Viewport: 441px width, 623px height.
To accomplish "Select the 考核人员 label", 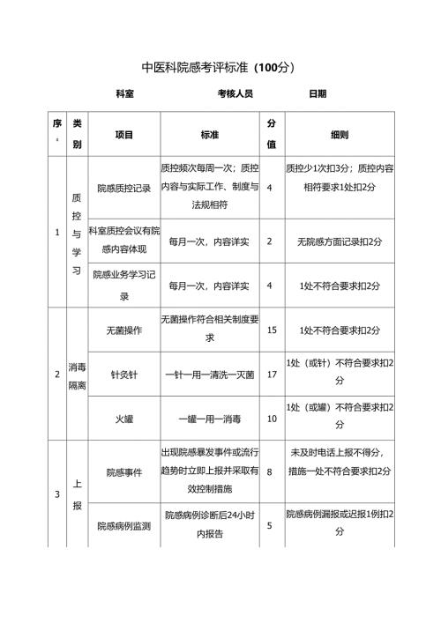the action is [235, 93].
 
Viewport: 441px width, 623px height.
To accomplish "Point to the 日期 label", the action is [318, 93].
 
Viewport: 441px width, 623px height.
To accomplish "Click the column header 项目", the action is [124, 135].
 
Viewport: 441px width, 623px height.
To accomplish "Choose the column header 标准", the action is [210, 135].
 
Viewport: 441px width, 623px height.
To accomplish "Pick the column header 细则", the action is [340, 135].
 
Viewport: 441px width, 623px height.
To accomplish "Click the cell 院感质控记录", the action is [124, 188].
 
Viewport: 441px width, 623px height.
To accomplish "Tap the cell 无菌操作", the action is [124, 330].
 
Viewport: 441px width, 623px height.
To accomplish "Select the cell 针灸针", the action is [124, 375].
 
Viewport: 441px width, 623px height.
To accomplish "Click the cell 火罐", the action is [124, 419].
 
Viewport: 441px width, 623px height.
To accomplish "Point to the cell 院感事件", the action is [124, 472].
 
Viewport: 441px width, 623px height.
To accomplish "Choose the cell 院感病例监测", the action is [124, 526].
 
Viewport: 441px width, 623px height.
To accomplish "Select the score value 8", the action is [270, 472].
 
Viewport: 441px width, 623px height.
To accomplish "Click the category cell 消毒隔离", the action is [77, 375].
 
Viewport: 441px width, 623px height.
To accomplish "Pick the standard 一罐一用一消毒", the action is [209, 419].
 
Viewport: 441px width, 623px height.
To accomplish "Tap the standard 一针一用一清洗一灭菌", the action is [209, 375].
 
